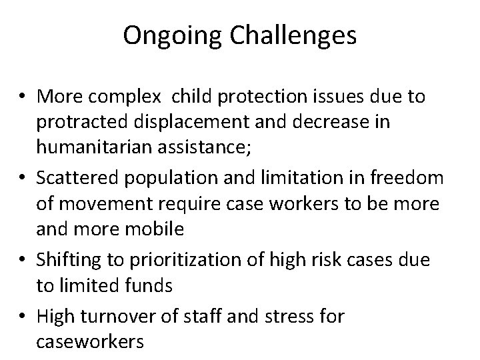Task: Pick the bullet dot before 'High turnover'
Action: click(24, 316)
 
